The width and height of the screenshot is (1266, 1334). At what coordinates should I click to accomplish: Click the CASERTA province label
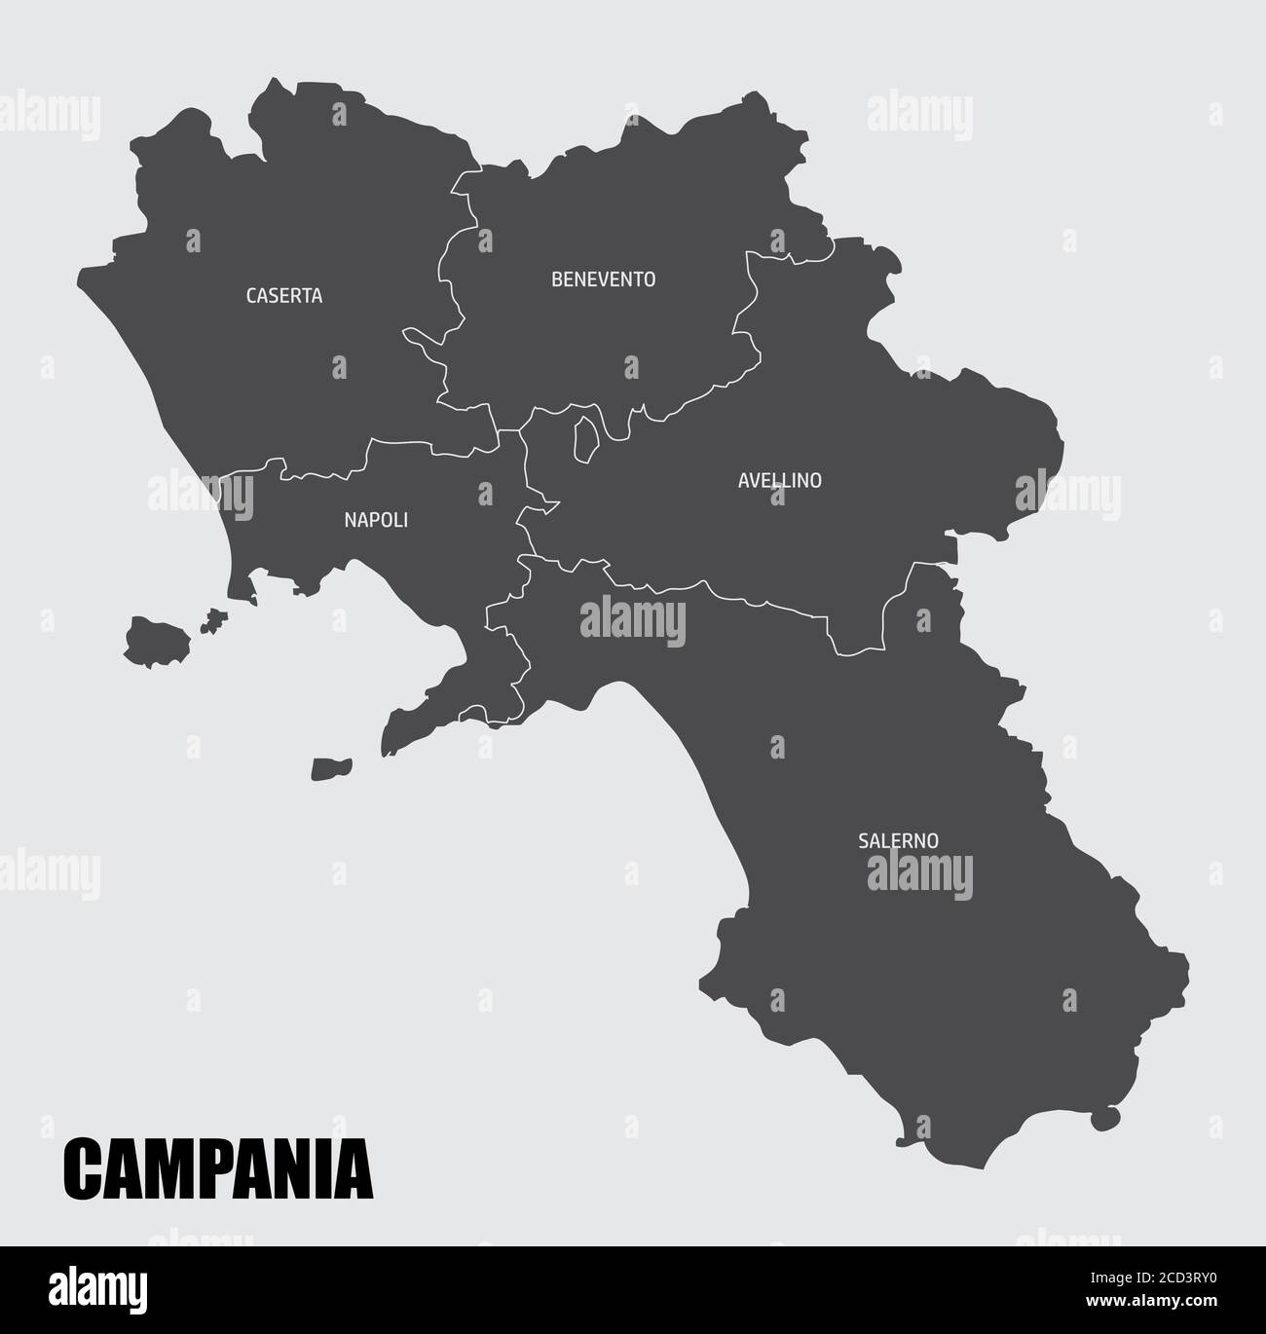283,295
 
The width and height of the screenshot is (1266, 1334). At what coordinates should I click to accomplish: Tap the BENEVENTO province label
603,279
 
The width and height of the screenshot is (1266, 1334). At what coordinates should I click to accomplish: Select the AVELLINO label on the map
779,480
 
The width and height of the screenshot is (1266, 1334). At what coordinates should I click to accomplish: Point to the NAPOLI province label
376,520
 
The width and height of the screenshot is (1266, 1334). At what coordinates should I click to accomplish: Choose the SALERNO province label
898,839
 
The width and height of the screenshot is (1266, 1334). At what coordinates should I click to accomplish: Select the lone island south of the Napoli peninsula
330,769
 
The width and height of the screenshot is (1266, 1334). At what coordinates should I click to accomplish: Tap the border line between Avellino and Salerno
740,597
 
